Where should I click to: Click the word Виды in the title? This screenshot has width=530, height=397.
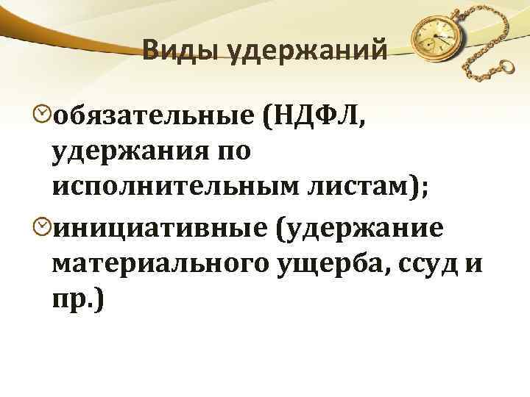(176, 51)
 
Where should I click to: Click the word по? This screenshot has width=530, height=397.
(233, 151)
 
